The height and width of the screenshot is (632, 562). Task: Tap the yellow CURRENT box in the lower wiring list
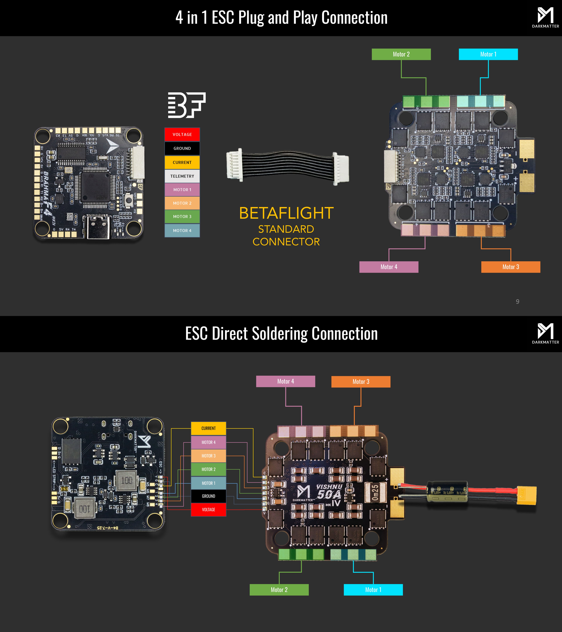coord(208,428)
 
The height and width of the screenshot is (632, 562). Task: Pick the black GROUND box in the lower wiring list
coord(208,496)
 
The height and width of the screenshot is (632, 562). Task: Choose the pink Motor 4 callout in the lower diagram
coord(286,381)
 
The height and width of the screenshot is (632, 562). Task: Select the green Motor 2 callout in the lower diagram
coord(279,590)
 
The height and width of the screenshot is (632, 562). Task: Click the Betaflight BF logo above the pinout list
coord(186,105)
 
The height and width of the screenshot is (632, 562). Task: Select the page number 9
coord(518,302)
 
